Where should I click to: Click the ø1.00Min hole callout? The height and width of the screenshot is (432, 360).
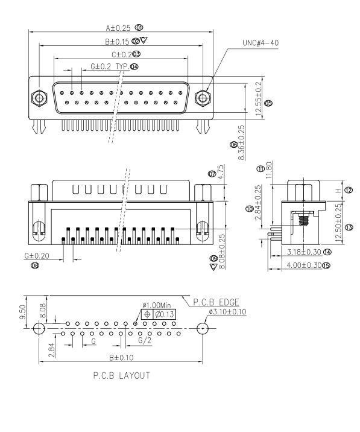(x=157, y=305)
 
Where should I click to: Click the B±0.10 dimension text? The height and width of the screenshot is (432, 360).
(x=121, y=357)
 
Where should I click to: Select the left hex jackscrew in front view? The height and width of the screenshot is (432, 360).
(x=39, y=97)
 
